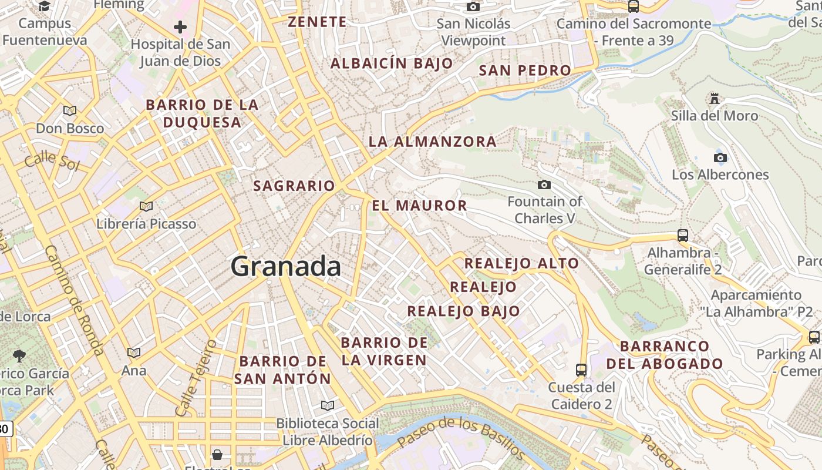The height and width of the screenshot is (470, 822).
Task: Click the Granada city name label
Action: tap(285, 267)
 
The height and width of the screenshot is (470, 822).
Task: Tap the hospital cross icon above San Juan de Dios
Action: tap(180, 27)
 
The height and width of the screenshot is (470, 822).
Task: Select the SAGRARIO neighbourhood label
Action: tap(294, 186)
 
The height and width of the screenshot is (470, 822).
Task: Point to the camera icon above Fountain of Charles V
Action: tap(544, 185)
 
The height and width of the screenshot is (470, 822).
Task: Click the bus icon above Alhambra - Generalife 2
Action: tap(683, 236)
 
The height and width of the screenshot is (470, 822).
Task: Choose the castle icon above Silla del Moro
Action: tap(715, 99)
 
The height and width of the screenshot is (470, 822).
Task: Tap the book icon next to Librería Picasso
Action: tap(146, 206)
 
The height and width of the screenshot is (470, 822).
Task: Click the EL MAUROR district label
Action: tap(419, 206)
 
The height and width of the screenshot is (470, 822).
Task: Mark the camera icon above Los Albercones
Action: tap(720, 157)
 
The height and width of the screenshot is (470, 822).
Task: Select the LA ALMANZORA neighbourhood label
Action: tap(432, 142)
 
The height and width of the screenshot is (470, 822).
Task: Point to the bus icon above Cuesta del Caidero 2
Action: tap(581, 370)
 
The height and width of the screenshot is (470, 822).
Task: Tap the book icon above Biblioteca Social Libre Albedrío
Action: tap(328, 405)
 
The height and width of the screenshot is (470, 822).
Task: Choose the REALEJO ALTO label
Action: tap(521, 263)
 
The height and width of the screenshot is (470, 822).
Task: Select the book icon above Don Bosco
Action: tap(70, 110)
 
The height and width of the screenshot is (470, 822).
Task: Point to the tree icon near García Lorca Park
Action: tap(19, 355)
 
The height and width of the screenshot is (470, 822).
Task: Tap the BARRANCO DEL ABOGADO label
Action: tap(665, 355)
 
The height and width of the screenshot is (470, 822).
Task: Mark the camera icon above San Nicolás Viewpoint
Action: tap(473, 6)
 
